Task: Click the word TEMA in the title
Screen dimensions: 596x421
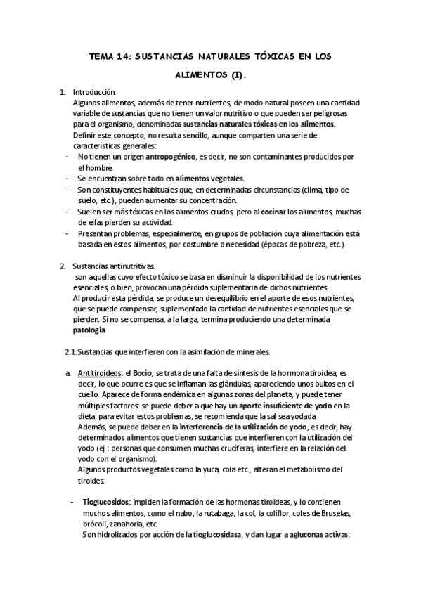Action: coord(105,54)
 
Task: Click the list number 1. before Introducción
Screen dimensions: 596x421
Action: coord(62,92)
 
